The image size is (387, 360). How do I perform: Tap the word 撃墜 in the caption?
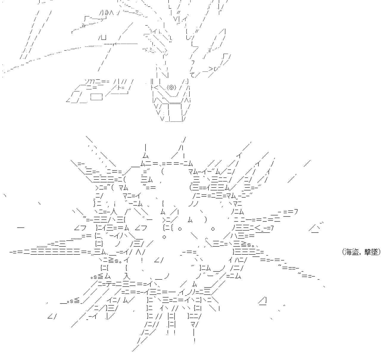(x=372, y=252)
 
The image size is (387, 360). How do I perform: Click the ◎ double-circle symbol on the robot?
(x=171, y=87)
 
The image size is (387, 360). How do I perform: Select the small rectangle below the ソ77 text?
(x=96, y=97)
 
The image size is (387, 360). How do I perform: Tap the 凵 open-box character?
(x=103, y=37)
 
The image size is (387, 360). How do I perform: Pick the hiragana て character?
(x=192, y=75)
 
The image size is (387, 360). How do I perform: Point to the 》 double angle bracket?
(x=107, y=13)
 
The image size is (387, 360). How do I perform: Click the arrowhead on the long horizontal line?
(x=115, y=44)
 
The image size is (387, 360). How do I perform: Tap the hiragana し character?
(x=188, y=37)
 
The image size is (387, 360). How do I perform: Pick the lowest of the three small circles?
(x=164, y=237)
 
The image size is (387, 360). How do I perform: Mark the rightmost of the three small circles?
(x=213, y=229)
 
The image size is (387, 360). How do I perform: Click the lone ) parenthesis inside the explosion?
(x=205, y=220)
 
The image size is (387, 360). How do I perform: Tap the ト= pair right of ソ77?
(x=121, y=87)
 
